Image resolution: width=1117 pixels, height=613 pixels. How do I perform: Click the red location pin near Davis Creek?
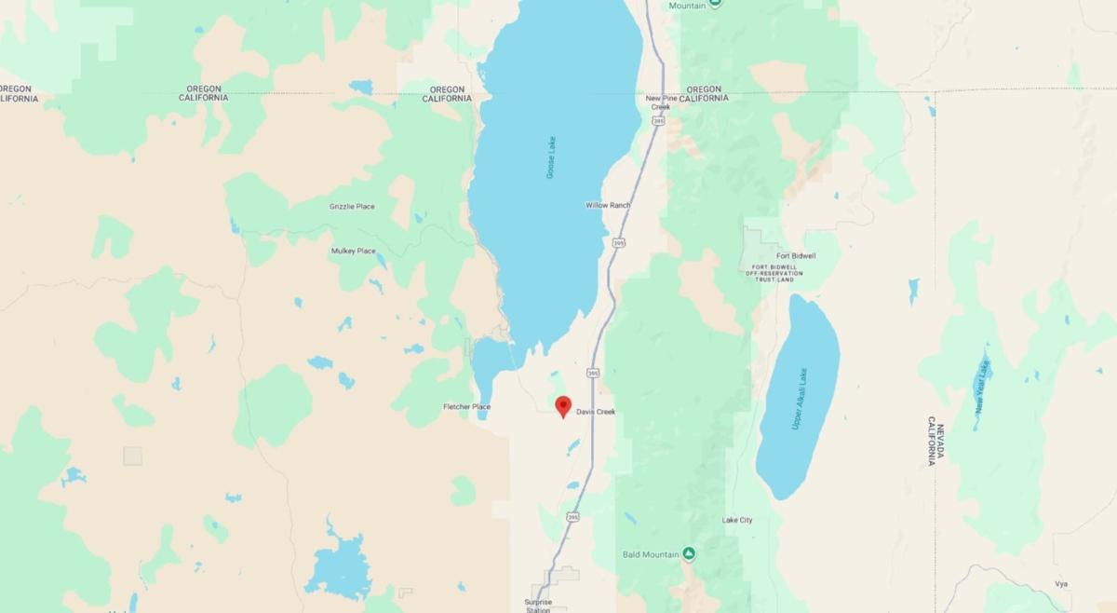[563, 406]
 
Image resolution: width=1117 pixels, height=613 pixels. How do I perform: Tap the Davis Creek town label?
[596, 412]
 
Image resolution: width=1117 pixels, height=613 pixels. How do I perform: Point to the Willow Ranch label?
[608, 205]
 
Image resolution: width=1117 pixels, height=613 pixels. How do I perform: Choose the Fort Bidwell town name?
[796, 255]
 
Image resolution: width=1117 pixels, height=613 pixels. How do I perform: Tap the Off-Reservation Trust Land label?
[772, 274]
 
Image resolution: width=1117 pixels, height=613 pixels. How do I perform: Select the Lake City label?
[737, 520]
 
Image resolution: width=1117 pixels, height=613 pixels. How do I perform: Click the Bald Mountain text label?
[651, 554]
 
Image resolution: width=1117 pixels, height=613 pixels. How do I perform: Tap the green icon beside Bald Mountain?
[689, 553]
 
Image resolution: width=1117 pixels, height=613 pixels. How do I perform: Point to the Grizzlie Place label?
[352, 206]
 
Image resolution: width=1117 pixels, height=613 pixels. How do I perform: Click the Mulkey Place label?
[353, 251]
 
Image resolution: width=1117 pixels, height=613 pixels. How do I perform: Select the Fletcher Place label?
[466, 407]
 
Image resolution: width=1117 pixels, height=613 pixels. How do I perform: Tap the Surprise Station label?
[538, 606]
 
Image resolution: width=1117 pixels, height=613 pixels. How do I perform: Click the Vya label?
[1061, 584]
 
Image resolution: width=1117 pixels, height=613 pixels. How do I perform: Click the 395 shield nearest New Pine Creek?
[659, 120]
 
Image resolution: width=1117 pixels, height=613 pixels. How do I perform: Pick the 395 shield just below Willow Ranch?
[619, 242]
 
